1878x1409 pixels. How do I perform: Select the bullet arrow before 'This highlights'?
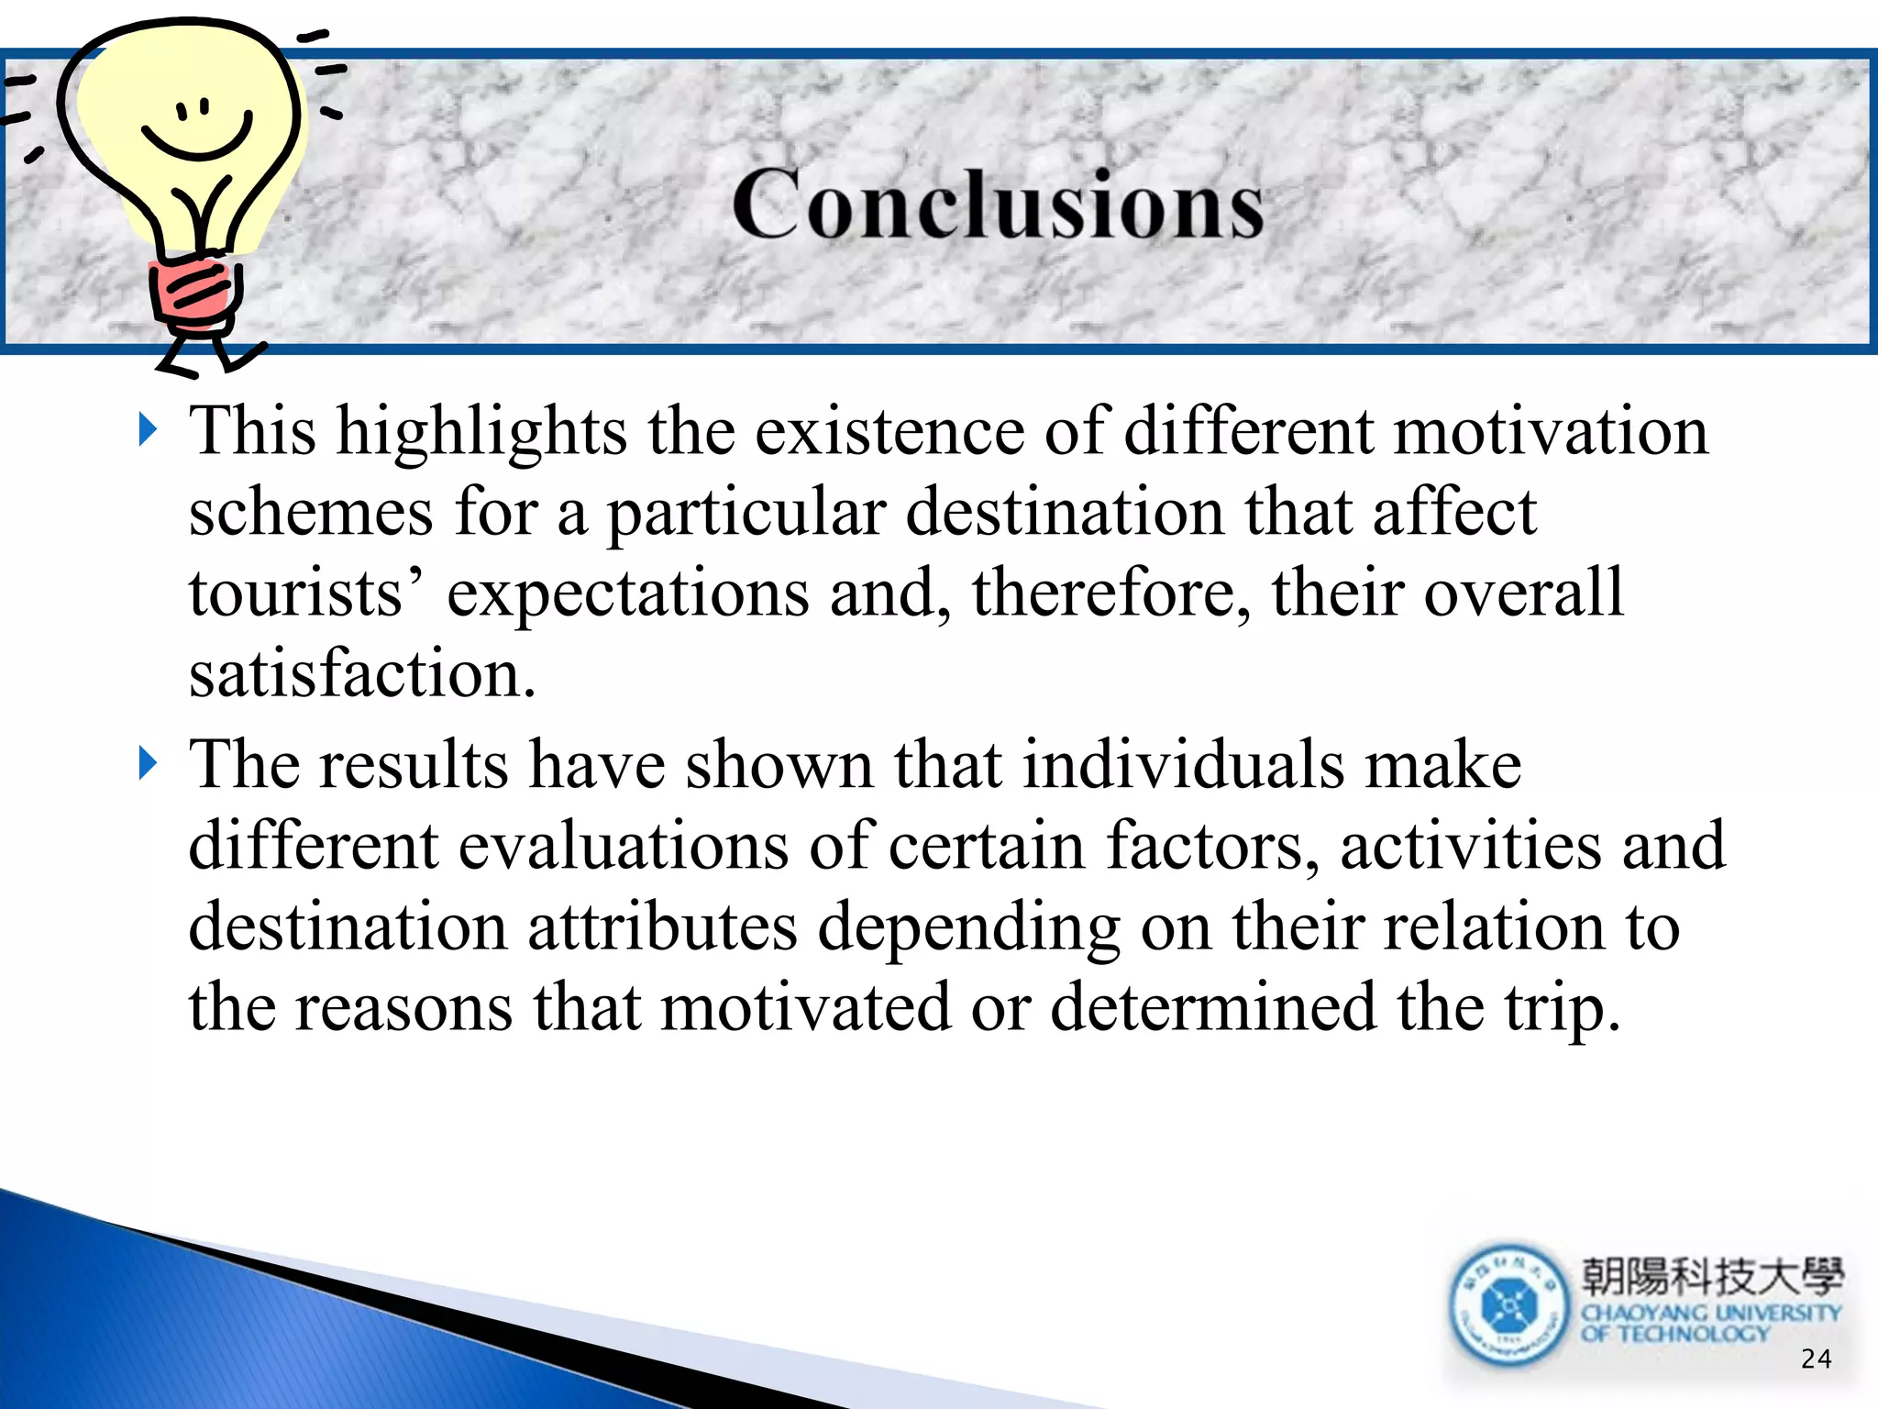pos(148,429)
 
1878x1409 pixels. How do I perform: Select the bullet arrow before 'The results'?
pos(148,762)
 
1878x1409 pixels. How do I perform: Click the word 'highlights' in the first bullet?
pos(481,431)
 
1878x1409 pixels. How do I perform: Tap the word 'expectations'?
pos(628,594)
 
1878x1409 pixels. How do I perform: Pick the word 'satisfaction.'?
pos(362,674)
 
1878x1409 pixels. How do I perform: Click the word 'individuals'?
pos(1183,764)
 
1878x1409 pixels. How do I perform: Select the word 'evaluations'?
pos(623,845)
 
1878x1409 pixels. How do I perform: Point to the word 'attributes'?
pos(661,926)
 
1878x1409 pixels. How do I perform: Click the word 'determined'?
pos(1213,1007)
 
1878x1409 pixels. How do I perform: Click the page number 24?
pos(1815,1359)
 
